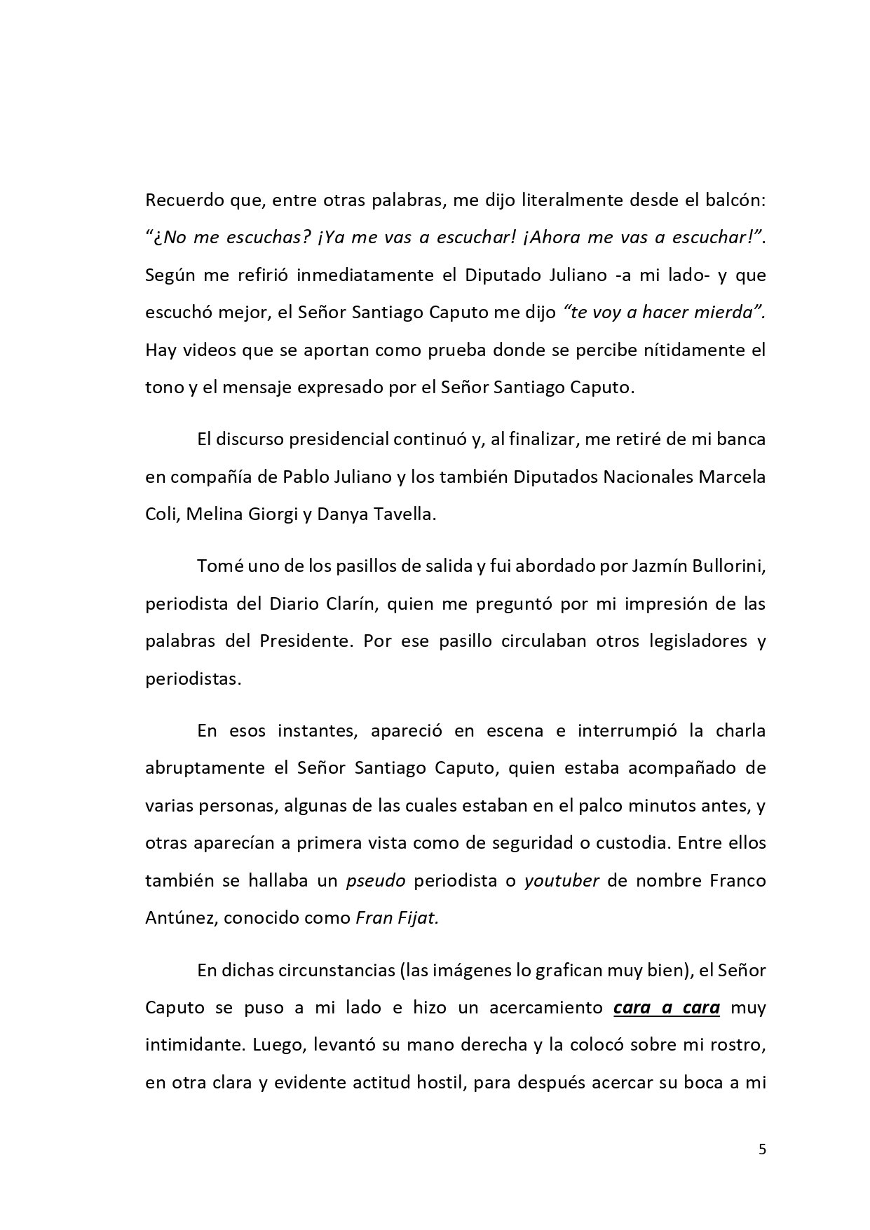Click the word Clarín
344,603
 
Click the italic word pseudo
376,880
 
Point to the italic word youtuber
561,880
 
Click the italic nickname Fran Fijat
397,917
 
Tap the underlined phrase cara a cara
667,1008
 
